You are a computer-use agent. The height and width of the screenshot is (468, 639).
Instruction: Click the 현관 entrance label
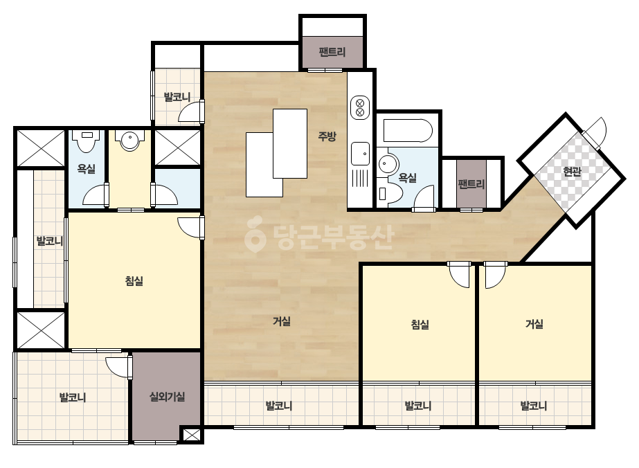572,172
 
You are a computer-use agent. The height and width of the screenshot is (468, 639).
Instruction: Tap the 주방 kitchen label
327,136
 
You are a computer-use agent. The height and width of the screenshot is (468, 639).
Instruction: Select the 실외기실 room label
167,396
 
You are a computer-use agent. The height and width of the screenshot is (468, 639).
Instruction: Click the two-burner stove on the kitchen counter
360,107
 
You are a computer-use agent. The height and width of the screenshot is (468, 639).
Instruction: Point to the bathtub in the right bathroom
408,130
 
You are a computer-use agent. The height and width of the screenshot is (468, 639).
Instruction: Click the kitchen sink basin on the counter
360,154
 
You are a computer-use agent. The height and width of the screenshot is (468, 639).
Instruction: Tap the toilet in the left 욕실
88,141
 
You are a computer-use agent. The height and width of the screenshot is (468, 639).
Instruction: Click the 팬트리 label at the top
332,52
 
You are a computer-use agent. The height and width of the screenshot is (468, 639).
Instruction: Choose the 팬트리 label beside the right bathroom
471,184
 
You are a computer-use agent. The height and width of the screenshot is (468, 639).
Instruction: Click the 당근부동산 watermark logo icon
255,234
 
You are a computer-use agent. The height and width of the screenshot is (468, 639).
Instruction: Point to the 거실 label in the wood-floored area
282,321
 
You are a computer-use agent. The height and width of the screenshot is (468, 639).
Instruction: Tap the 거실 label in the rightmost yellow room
534,324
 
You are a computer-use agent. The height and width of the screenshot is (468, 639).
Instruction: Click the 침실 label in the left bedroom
134,281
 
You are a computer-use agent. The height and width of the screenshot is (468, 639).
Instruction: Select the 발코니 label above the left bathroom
177,97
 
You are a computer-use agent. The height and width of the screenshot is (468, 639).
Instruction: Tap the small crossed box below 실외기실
190,435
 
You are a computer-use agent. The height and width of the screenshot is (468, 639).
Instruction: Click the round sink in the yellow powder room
130,140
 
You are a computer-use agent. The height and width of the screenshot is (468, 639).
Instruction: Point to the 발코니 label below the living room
279,406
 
